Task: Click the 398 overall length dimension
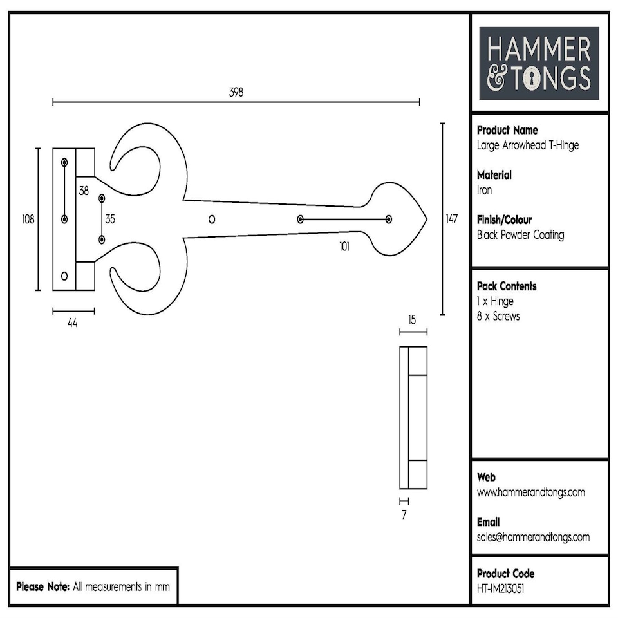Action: [x=236, y=92]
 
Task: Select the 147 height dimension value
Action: [x=452, y=220]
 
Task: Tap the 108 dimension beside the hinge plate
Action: [x=28, y=220]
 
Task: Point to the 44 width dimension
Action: [x=73, y=324]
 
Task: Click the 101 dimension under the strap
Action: [x=344, y=247]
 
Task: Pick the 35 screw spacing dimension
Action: [x=110, y=220]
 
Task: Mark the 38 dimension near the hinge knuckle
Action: [x=84, y=191]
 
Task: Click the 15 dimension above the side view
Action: [x=412, y=320]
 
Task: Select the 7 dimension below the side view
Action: [x=404, y=515]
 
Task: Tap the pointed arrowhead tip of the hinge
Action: [x=426, y=220]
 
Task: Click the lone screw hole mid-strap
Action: [x=212, y=220]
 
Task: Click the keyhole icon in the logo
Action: [x=533, y=79]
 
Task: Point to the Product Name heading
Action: [x=507, y=130]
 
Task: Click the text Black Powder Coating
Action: [x=520, y=235]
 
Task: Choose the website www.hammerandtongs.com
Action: [x=530, y=492]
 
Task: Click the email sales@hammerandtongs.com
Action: [x=533, y=537]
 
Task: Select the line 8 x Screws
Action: [x=498, y=317]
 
